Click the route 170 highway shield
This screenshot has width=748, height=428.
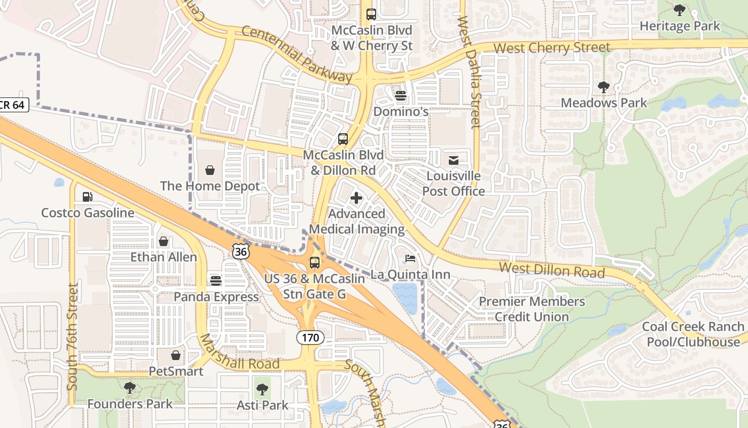pos(309,338)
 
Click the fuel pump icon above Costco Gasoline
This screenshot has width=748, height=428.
pos(88,197)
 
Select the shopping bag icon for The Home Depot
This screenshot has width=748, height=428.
pos(210,170)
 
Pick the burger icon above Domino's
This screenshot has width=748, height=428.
pos(400,96)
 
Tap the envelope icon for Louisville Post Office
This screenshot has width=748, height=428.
pos(453,160)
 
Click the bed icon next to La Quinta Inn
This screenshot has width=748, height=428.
pos(410,259)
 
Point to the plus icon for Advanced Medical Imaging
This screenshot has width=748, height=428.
pos(356,198)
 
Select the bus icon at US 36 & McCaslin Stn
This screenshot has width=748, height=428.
pos(315,263)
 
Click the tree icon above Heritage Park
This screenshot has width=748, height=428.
pos(679,10)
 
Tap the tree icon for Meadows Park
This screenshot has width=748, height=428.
pos(603,87)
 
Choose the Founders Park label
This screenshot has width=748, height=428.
pos(130,404)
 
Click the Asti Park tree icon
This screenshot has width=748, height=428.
pos(262,389)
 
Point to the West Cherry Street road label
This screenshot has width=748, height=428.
pos(551,48)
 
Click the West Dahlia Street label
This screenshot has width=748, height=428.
pos(469,72)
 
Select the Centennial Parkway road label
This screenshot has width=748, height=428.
pos(297,55)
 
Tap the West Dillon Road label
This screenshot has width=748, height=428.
pos(551,270)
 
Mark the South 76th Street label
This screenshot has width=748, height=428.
pos(73,337)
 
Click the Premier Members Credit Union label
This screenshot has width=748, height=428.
pos(532,309)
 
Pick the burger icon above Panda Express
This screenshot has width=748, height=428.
pos(216,281)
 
